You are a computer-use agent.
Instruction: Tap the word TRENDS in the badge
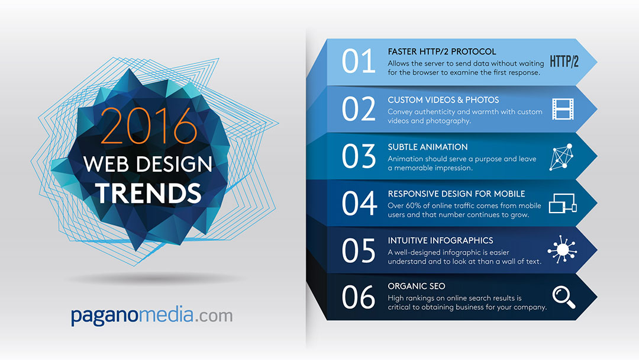click(x=149, y=193)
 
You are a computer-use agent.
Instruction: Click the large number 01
click(x=358, y=61)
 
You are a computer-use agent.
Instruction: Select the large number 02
click(x=358, y=109)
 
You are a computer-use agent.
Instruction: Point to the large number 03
click(x=358, y=156)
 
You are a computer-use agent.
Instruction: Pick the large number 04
click(x=359, y=203)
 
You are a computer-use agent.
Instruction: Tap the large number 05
click(x=358, y=250)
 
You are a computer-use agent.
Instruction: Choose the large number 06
click(x=358, y=297)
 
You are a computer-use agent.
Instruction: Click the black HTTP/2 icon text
click(x=564, y=62)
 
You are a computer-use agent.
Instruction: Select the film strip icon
click(x=563, y=109)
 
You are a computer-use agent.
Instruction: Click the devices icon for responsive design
click(x=563, y=204)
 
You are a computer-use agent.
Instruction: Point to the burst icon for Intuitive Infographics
click(x=562, y=249)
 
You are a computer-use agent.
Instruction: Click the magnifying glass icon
click(x=564, y=297)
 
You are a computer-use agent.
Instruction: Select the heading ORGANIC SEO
click(x=417, y=286)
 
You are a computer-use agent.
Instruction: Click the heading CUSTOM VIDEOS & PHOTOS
click(x=443, y=100)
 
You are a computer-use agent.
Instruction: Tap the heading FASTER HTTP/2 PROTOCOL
click(x=442, y=52)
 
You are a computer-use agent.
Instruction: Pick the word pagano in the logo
click(x=105, y=316)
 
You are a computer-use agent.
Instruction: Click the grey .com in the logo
click(x=214, y=316)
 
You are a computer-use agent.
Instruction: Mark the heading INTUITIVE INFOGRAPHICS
click(x=441, y=240)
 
